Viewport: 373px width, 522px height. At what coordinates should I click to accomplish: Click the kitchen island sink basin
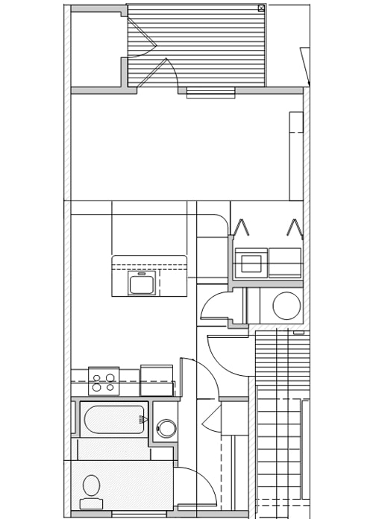(142, 283)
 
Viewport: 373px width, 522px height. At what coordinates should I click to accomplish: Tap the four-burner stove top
(104, 382)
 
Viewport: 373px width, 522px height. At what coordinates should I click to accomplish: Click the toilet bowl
(92, 485)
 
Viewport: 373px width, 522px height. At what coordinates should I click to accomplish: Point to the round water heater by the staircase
(286, 305)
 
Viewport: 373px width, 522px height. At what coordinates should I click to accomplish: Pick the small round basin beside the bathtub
(166, 429)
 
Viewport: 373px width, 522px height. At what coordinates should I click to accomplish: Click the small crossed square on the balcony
(261, 8)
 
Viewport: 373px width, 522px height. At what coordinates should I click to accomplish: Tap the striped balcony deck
(209, 45)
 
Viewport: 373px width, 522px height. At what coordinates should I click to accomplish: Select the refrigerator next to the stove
(157, 380)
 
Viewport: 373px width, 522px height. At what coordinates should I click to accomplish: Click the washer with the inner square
(251, 263)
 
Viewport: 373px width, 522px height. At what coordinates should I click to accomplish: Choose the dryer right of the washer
(285, 262)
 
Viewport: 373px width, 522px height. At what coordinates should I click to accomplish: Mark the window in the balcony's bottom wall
(210, 92)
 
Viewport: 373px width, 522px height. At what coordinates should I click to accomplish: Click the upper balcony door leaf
(141, 34)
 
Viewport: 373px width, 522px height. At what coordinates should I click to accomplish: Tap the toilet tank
(91, 504)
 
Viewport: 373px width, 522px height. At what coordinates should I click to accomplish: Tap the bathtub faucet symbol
(142, 420)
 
